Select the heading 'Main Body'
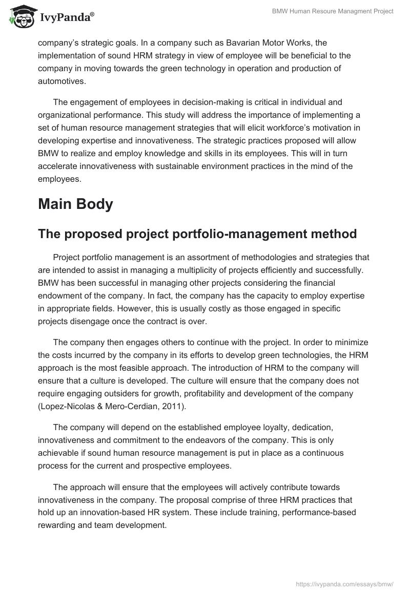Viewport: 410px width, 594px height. [75, 204]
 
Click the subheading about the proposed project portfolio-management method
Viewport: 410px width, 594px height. [197, 234]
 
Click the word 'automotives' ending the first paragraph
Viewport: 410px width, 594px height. [59, 80]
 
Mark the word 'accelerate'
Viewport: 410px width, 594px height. [59, 166]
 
